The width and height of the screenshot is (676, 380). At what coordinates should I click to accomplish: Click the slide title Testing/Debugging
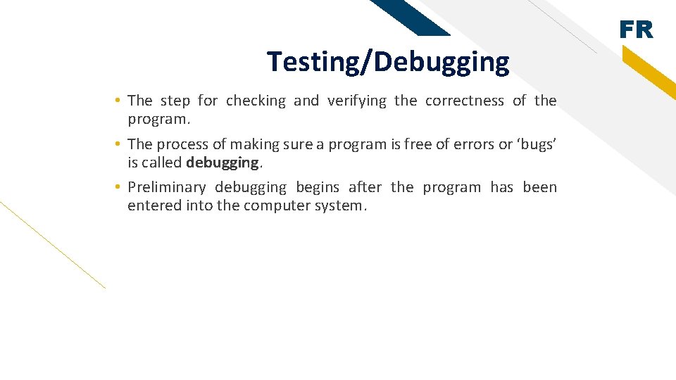[x=388, y=63]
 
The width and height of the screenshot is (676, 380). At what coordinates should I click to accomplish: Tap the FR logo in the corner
[x=637, y=30]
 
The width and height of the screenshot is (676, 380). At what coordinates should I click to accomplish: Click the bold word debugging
[x=223, y=163]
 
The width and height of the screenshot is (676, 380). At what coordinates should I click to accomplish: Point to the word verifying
[x=357, y=101]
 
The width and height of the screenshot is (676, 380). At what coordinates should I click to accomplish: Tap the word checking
[x=256, y=101]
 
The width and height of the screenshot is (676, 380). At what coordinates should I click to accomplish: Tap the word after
[x=365, y=187]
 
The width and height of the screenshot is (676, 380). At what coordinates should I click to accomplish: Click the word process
[x=182, y=144]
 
